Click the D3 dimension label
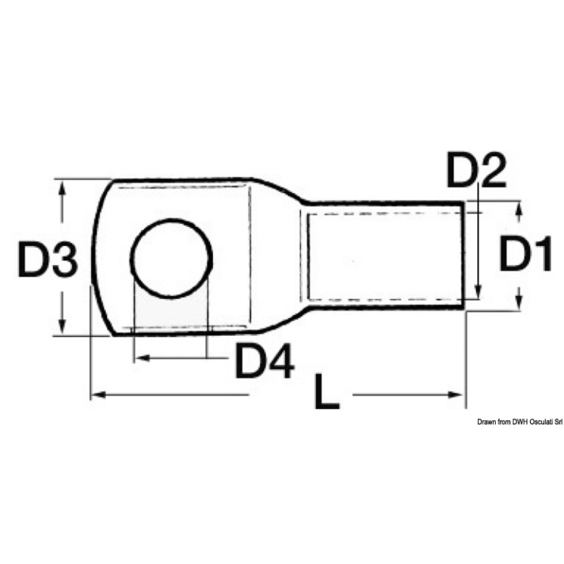[48, 259]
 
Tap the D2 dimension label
[476, 170]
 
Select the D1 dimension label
[526, 253]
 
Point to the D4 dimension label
[264, 361]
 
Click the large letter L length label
[327, 392]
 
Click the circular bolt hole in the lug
[171, 258]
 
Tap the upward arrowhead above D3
[62, 187]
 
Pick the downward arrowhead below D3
[62, 327]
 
